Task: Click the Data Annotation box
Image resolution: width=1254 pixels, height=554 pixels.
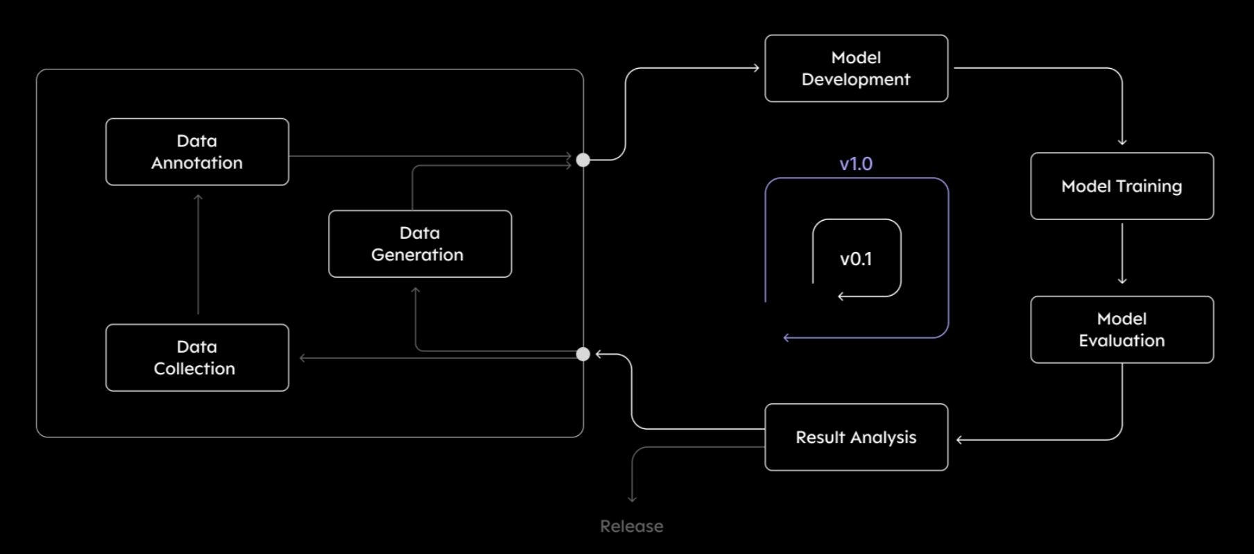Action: [x=197, y=152]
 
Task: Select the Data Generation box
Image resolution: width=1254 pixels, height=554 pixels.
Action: [x=420, y=244]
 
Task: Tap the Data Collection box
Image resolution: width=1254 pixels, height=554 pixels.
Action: [x=197, y=358]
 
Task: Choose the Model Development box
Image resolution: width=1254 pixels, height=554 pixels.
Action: [x=857, y=69]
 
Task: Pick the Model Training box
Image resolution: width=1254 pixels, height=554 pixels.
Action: [x=1122, y=186]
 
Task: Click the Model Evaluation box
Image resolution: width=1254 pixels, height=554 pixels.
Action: [x=1122, y=330]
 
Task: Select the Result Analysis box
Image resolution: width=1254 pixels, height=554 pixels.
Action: [x=857, y=437]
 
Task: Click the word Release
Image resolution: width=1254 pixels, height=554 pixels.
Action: [x=632, y=526]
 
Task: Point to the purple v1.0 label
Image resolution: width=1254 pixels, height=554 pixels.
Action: [x=856, y=164]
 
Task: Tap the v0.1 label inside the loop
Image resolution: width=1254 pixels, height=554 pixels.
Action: [x=856, y=259]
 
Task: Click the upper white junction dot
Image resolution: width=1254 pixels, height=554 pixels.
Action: [x=583, y=160]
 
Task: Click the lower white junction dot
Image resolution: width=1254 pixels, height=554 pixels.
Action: [x=583, y=354]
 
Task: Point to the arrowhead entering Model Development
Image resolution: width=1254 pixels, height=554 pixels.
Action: [x=757, y=68]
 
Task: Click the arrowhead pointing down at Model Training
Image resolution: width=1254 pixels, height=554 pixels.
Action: [x=1122, y=142]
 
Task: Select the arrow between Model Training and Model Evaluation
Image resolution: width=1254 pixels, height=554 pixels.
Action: [x=1122, y=253]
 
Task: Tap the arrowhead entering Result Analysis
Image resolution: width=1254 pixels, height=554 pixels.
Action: [x=960, y=439]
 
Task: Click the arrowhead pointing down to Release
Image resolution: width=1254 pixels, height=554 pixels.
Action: [x=632, y=498]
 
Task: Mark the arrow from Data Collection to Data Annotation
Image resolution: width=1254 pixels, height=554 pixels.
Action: [x=198, y=254]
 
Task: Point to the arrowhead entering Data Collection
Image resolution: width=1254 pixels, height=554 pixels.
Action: [x=303, y=358]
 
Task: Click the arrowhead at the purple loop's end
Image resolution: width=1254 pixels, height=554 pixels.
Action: [x=787, y=338]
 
